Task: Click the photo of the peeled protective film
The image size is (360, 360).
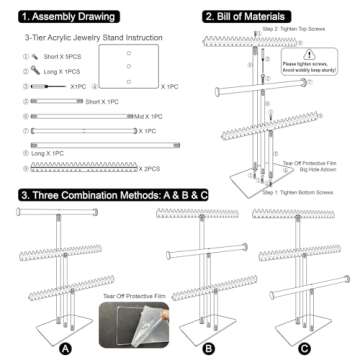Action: click(x=131, y=321)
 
